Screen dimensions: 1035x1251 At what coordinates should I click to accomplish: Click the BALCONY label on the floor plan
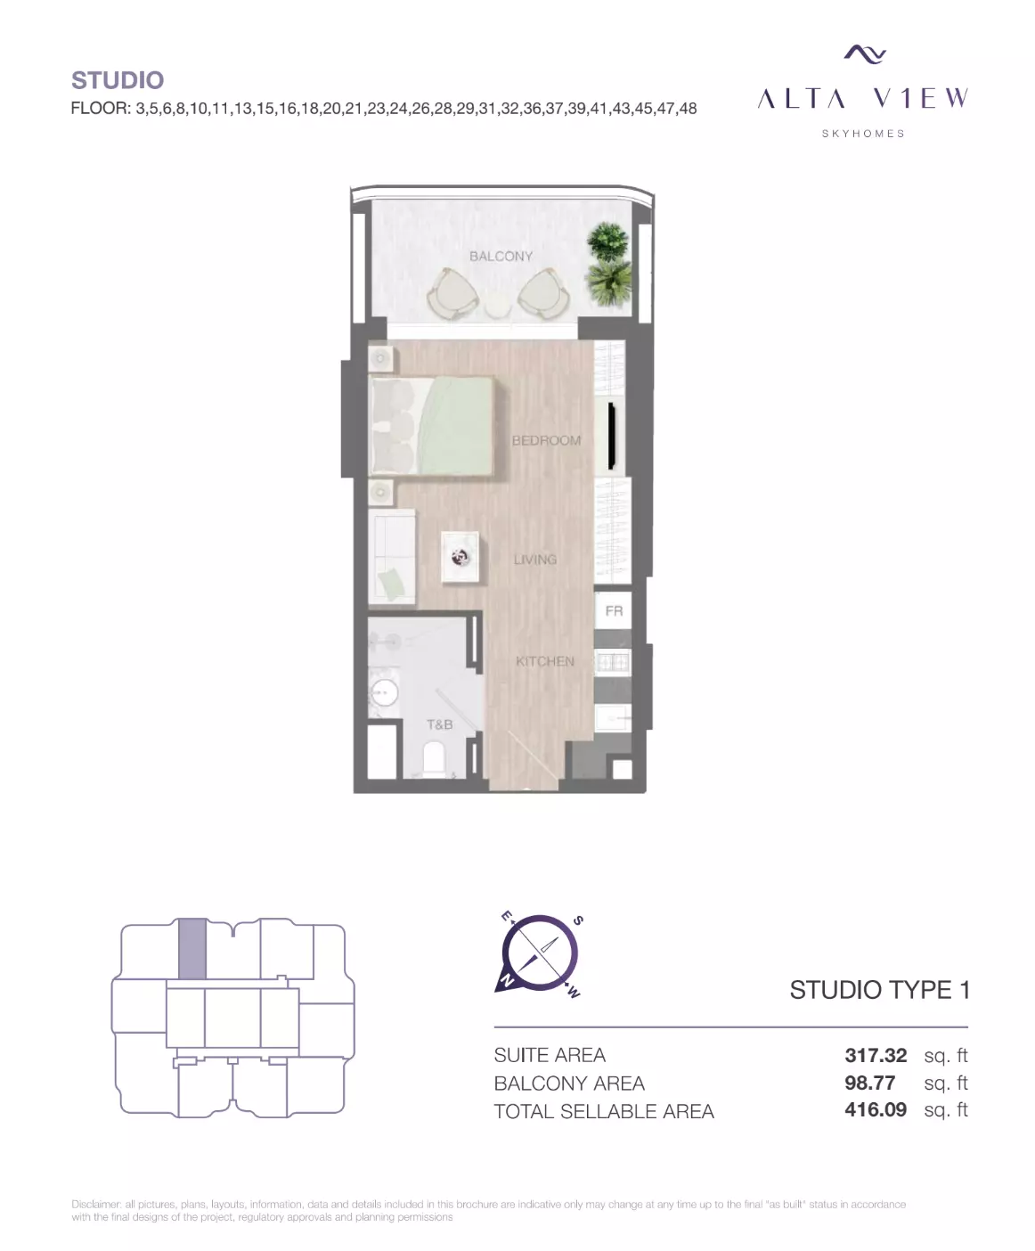click(501, 257)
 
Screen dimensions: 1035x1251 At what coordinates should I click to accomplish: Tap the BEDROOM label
click(546, 440)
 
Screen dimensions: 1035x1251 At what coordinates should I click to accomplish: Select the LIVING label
click(535, 559)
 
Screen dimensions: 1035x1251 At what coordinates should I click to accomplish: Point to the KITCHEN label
click(545, 661)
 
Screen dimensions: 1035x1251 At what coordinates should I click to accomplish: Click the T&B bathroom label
click(440, 724)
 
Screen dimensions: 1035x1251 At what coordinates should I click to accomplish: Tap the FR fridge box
click(614, 610)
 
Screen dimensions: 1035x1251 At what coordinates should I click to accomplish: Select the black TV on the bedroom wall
click(612, 436)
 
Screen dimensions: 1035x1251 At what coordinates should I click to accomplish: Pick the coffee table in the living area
click(460, 557)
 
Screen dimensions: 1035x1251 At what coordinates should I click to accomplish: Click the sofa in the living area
click(392, 557)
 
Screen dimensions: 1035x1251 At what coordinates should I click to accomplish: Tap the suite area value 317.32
click(876, 1055)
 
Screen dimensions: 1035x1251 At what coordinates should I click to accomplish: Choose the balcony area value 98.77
click(869, 1083)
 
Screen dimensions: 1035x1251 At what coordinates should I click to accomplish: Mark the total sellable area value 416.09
click(876, 1109)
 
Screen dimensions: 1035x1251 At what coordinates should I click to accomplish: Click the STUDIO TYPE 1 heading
click(879, 990)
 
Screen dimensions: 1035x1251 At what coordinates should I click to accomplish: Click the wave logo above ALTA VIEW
click(864, 54)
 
